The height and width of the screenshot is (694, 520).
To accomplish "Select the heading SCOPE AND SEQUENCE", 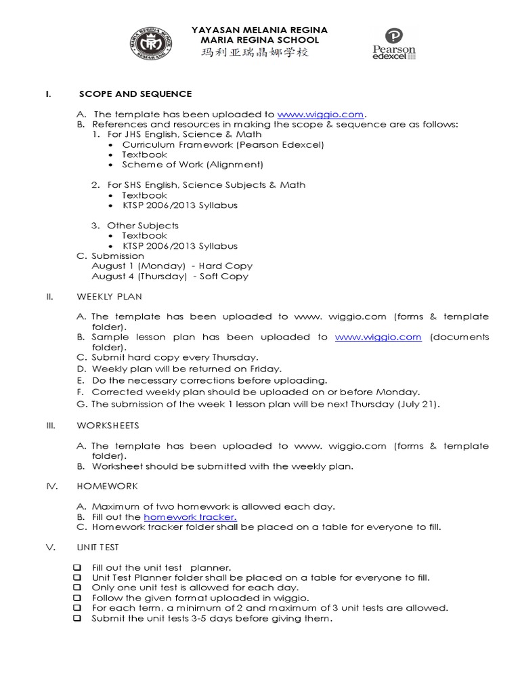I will pos(135,94).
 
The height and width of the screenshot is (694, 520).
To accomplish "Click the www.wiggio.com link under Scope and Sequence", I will pos(320,115).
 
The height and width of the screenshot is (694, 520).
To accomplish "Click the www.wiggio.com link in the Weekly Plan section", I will pos(378,337).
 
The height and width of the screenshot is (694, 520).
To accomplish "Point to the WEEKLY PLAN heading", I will pos(109,297).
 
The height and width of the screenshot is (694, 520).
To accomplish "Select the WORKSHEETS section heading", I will pos(108,426).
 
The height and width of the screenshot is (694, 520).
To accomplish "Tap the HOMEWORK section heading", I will pos(108,487).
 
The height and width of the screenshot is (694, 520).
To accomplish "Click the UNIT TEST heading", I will pos(99,548).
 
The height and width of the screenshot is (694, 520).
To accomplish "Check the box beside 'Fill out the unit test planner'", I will pos(77,568).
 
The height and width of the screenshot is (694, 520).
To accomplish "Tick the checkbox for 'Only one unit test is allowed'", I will pos(77,588).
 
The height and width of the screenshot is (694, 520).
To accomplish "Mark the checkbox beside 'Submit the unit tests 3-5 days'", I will pos(77,619).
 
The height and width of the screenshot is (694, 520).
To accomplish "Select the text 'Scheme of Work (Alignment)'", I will pos(192,165).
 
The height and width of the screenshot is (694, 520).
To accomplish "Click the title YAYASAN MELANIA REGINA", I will pos(259,30).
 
